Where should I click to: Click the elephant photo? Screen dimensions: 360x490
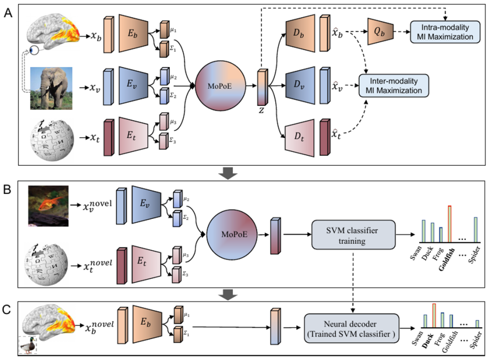tap(51, 88)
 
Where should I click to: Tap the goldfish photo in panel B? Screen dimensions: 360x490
tap(47, 205)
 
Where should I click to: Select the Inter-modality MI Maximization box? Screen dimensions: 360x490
tap(393, 85)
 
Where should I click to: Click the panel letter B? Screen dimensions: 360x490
tap(8, 189)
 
